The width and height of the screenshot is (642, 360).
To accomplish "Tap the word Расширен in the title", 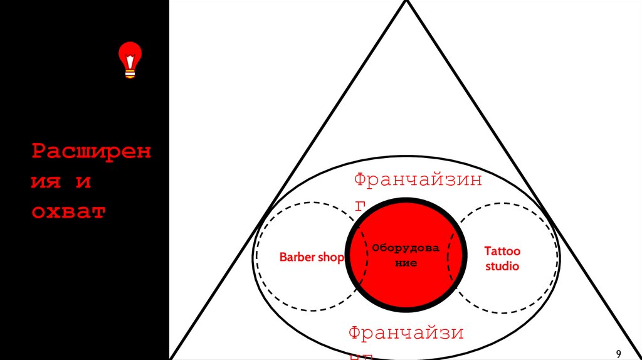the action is click(x=92, y=152).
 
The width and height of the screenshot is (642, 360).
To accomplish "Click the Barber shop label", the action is click(x=312, y=257).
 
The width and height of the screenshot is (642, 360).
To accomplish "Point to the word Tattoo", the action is click(x=502, y=251).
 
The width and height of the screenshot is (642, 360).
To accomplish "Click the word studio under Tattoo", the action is click(x=502, y=266).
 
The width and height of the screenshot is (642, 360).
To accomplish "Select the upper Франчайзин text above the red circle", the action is click(x=418, y=181).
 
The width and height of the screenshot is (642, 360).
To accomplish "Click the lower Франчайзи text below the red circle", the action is click(x=406, y=332).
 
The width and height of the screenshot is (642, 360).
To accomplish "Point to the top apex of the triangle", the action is click(x=406, y=2).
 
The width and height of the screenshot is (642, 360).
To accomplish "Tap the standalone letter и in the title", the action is click(x=83, y=182).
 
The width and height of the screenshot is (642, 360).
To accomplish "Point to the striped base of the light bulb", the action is click(x=130, y=74).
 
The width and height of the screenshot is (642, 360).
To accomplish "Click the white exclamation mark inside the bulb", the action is click(x=130, y=60).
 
